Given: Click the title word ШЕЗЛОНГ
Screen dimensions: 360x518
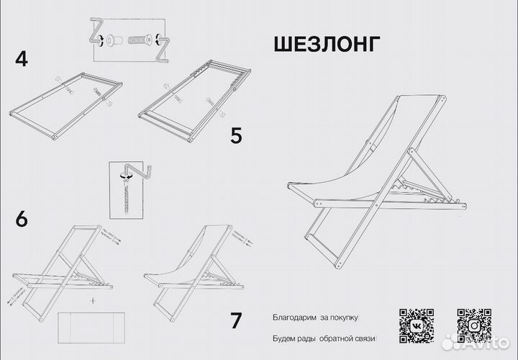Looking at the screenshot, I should [x=326, y=45].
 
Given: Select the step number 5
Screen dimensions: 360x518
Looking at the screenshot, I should [x=237, y=135].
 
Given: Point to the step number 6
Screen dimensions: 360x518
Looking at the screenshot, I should [x=21, y=219].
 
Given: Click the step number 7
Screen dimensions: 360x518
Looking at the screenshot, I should [x=235, y=320].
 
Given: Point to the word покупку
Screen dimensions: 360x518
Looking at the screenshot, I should [x=345, y=317].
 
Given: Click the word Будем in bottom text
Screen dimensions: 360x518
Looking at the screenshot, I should [x=285, y=338].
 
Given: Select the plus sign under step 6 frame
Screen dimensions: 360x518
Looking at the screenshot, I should [x=93, y=298].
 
